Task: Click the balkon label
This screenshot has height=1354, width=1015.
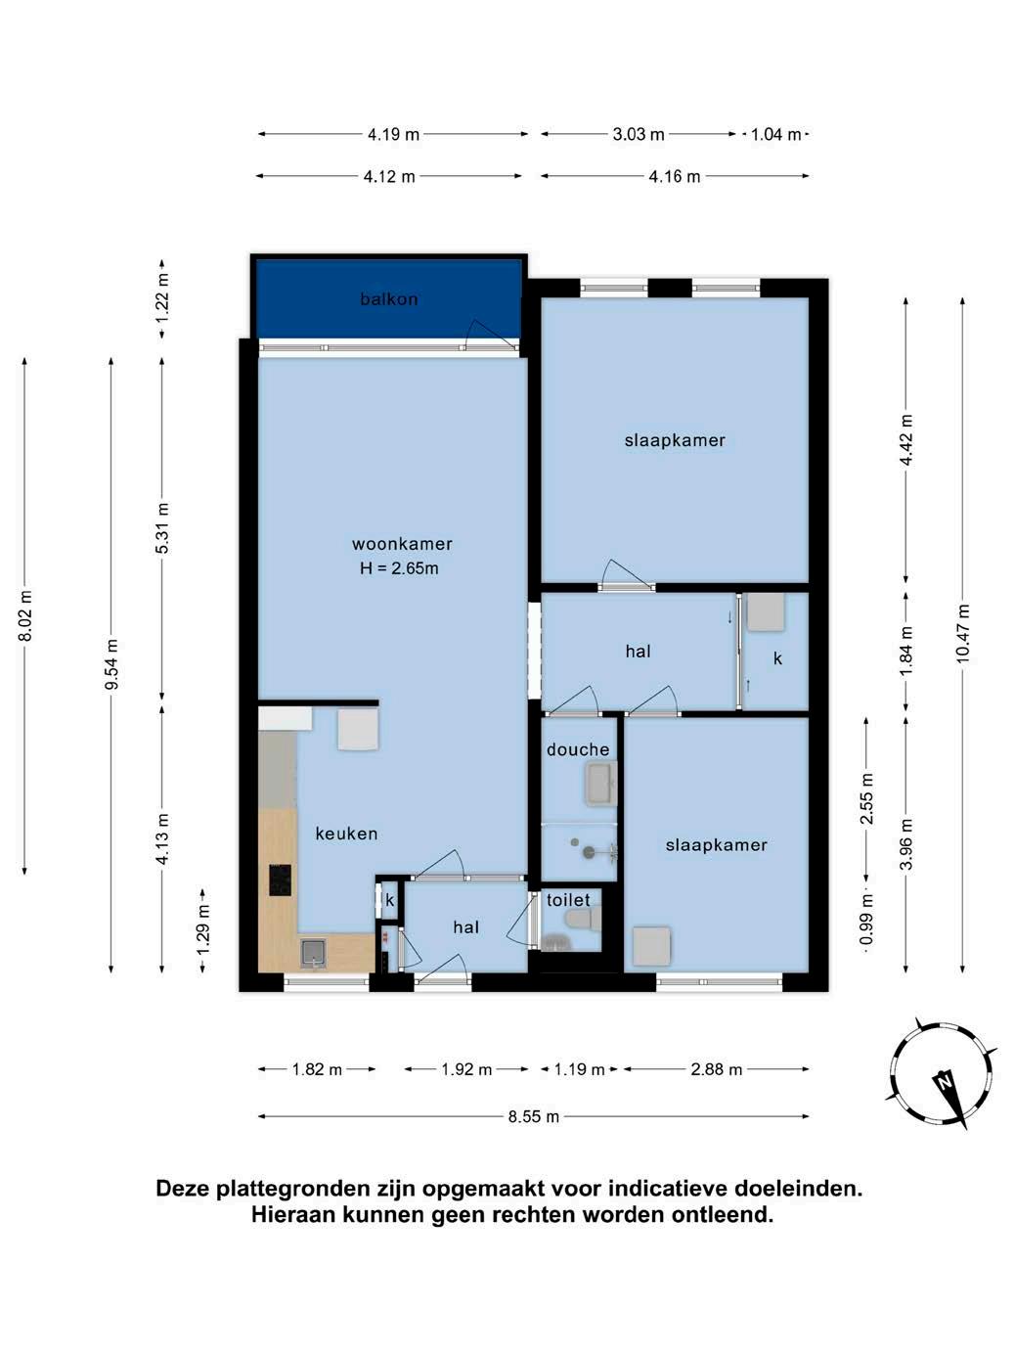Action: [389, 299]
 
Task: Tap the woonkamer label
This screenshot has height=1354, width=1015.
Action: [402, 543]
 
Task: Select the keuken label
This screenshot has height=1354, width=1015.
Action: [346, 834]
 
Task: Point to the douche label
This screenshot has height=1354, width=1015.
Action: [578, 749]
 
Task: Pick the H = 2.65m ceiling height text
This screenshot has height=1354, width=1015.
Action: [399, 568]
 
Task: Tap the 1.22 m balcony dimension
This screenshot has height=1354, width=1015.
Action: [162, 298]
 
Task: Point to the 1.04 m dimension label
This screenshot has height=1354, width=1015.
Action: [775, 134]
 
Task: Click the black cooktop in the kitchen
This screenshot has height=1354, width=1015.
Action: [280, 880]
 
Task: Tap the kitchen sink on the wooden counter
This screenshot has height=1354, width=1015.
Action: [314, 953]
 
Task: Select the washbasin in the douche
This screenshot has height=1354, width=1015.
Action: [600, 784]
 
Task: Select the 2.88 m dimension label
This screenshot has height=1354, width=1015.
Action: [716, 1069]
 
